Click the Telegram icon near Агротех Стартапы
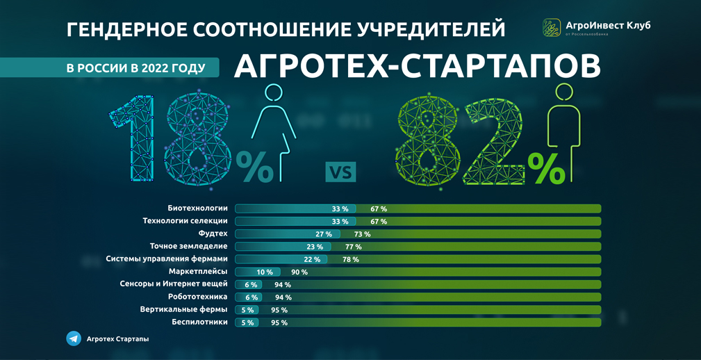[x=74, y=338]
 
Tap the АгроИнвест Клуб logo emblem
[x=552, y=27]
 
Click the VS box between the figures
[x=340, y=172]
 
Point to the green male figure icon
[x=564, y=132]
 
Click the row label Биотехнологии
[x=197, y=208]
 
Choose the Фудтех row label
[x=213, y=234]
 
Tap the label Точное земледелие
[x=188, y=246]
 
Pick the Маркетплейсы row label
[x=198, y=272]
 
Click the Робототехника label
[x=197, y=297]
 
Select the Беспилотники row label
[x=199, y=322]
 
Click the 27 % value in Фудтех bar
[x=324, y=234]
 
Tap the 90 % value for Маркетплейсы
[x=299, y=272]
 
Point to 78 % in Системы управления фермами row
[x=351, y=259]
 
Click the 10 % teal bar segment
[x=258, y=272]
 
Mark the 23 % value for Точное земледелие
[x=315, y=247]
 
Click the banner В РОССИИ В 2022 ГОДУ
[x=135, y=68]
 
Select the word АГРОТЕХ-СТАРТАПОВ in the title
[x=417, y=67]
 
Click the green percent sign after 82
[x=546, y=168]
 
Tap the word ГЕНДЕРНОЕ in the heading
[x=126, y=30]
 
